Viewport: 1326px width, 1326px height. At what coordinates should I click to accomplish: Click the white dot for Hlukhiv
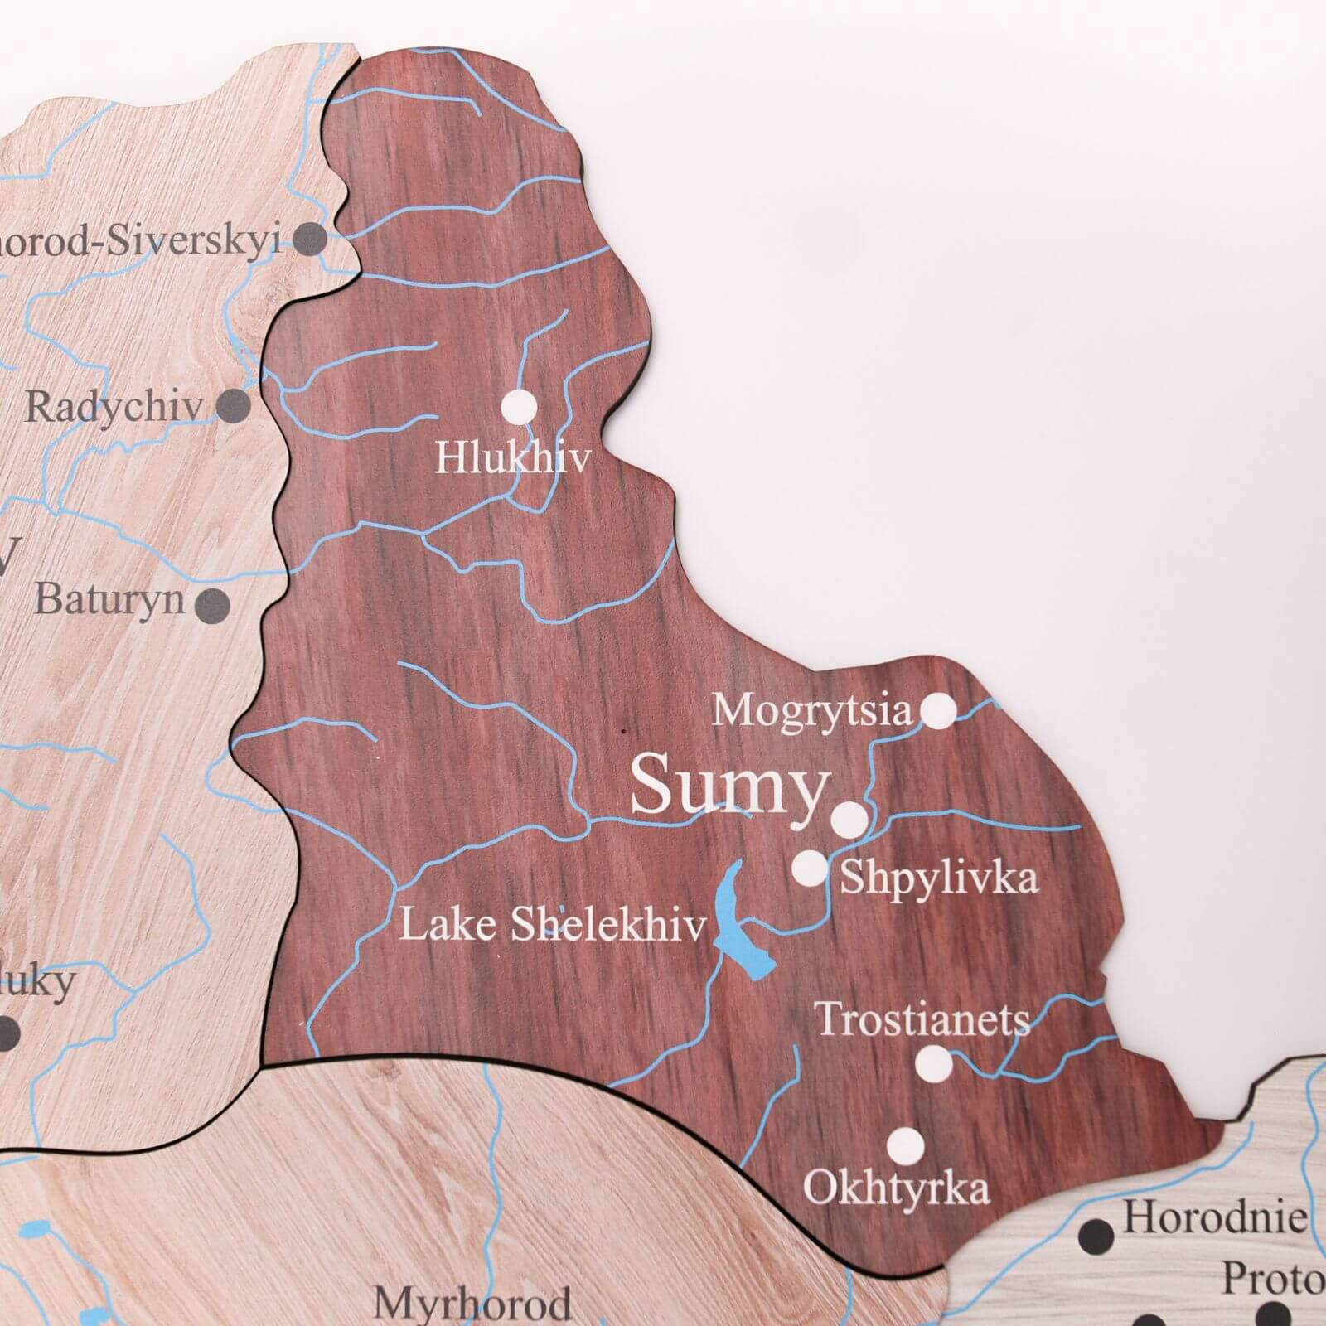click(x=520, y=407)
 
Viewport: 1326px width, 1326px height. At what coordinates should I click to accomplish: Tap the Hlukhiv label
click(x=512, y=457)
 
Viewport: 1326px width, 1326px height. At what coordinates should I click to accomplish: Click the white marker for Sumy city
click(x=849, y=819)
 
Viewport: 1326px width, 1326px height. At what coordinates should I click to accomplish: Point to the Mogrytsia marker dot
click(x=938, y=710)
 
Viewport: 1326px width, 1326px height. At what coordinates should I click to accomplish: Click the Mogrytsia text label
click(x=811, y=711)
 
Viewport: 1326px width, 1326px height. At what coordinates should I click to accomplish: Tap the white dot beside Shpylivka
click(x=809, y=868)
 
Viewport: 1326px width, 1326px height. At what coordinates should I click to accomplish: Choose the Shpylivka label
click(x=939, y=878)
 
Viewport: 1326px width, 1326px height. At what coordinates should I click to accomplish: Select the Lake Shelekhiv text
click(x=553, y=925)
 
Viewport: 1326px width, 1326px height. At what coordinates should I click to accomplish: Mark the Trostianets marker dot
click(x=933, y=1062)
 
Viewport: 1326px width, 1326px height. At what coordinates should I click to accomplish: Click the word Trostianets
click(x=922, y=1019)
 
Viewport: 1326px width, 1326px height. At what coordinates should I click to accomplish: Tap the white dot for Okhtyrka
click(x=905, y=1145)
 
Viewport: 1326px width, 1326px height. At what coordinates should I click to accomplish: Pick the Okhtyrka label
click(x=897, y=1188)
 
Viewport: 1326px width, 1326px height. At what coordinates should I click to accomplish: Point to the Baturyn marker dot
click(x=214, y=604)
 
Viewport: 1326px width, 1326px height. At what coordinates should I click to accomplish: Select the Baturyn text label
click(x=109, y=598)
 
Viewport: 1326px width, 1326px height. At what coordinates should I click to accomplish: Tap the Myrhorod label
click(x=472, y=1303)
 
